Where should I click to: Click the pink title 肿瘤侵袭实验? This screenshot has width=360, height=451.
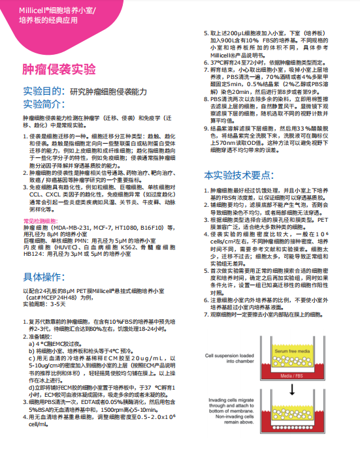[x=59, y=69]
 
